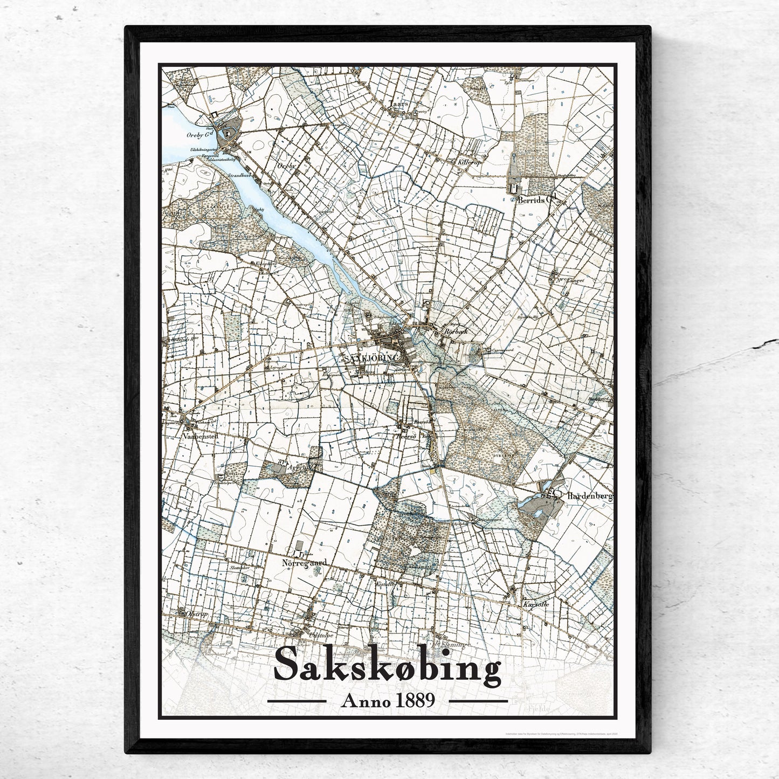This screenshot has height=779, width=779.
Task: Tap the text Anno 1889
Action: coord(388,701)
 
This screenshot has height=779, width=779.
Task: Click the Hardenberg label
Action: coord(590,494)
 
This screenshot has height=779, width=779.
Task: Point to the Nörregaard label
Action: coord(305,563)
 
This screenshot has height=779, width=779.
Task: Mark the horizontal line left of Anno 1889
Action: coord(297,701)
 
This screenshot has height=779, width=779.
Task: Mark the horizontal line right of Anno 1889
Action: coord(478,701)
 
